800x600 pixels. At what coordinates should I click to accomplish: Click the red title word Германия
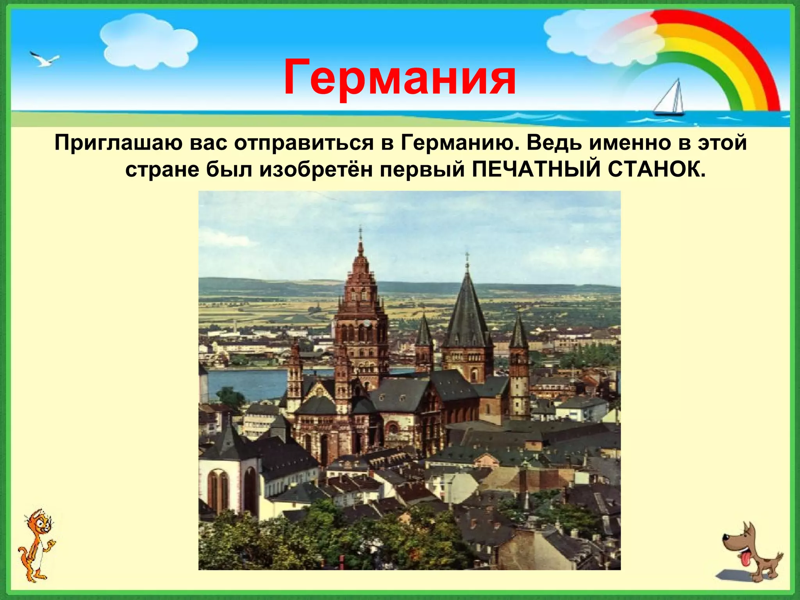(399, 77)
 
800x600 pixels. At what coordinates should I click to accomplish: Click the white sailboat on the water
(670, 100)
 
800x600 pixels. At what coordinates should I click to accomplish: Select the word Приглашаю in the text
(119, 143)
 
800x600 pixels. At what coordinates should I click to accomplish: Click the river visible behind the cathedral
(246, 381)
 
